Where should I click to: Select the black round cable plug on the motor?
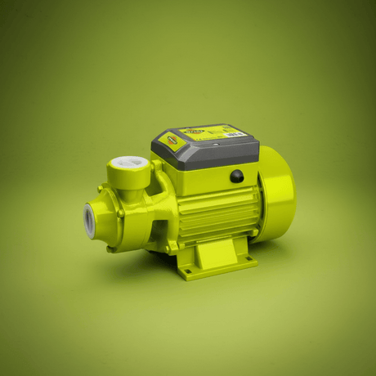[236, 176]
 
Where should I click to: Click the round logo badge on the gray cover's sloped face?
[172, 141]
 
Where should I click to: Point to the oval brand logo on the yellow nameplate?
[195, 130]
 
